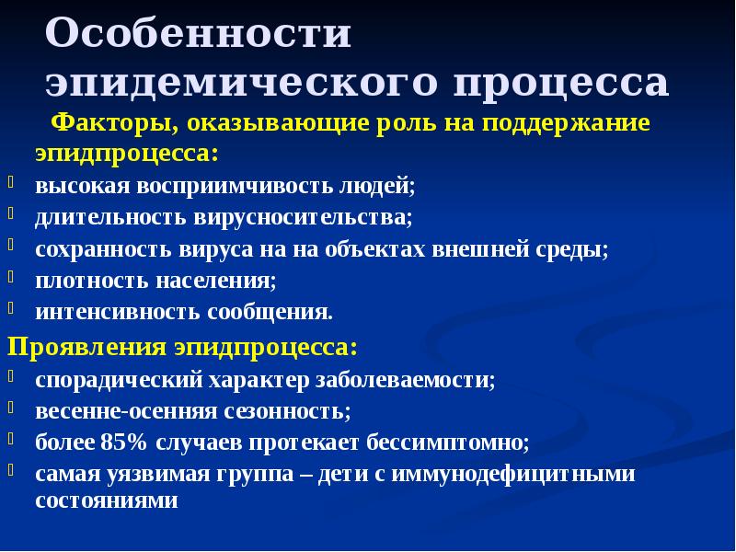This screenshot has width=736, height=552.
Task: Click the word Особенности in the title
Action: pos(198,35)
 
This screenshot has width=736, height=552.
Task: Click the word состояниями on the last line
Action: pos(106,501)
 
